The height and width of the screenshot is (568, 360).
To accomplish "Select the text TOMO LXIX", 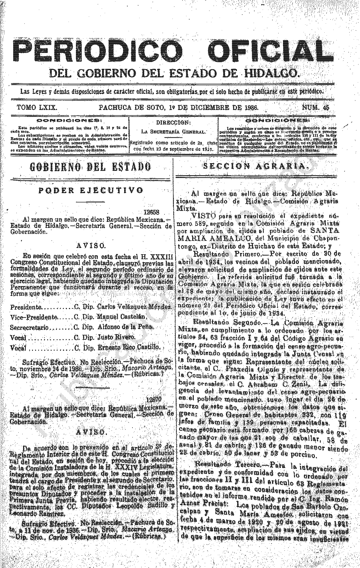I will [x=37, y=108].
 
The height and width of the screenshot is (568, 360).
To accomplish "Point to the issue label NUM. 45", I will [x=316, y=108].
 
